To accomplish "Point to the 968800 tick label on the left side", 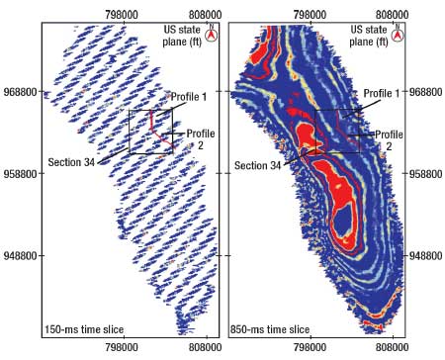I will coord(22,92).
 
